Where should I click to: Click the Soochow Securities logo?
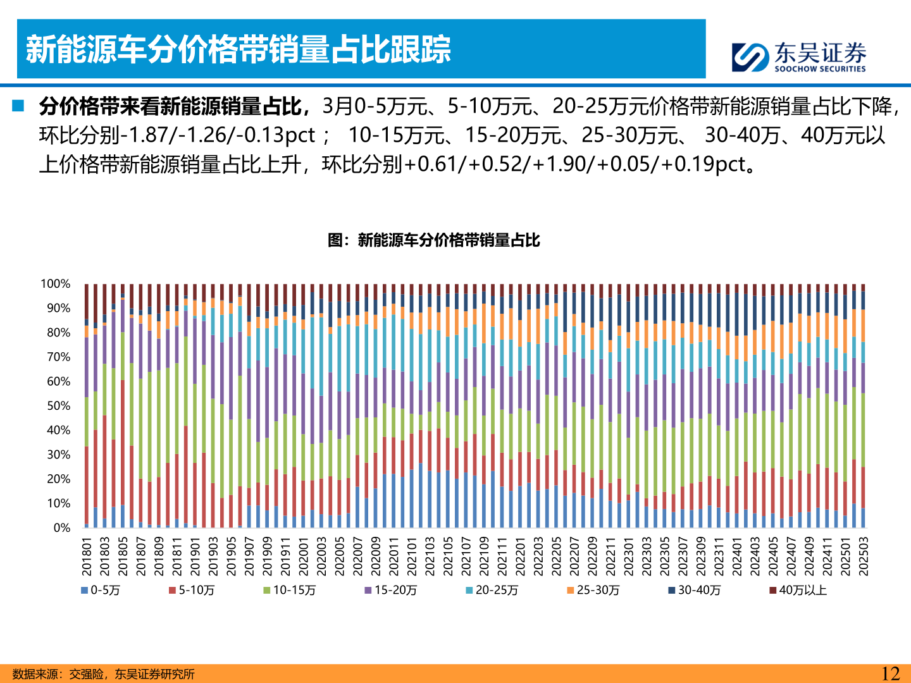(x=798, y=57)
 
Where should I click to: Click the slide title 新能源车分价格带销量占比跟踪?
(x=238, y=49)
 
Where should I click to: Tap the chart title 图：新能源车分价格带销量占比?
(x=433, y=240)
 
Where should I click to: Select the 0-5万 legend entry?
(x=101, y=590)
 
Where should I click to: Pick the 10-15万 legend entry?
(x=290, y=590)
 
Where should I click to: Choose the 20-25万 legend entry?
(x=492, y=590)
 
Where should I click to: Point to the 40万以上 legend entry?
(x=798, y=590)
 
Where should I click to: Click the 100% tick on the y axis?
(x=56, y=284)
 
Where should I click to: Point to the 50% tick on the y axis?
(x=58, y=406)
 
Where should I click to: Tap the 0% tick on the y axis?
(x=61, y=528)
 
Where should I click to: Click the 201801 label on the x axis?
(x=87, y=557)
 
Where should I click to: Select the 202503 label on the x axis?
(x=863, y=557)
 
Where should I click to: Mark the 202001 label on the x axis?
(x=304, y=557)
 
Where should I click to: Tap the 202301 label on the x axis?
(x=628, y=557)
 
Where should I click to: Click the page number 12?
(x=890, y=674)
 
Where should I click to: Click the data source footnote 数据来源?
(x=103, y=674)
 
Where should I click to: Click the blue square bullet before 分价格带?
(x=18, y=106)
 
